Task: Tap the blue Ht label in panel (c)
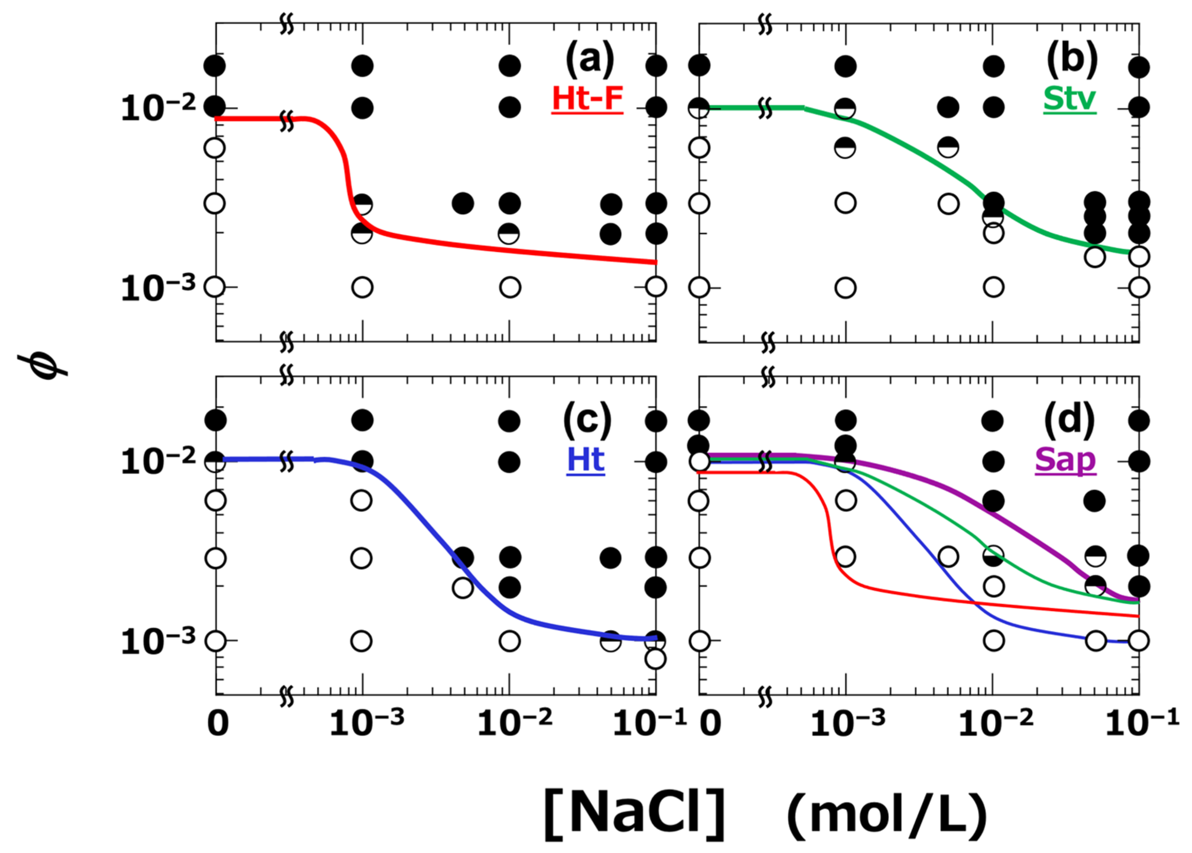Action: [585, 460]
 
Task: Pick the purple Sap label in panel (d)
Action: [1065, 460]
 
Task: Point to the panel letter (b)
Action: [1072, 59]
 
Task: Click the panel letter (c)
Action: [587, 420]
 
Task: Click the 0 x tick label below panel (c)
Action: [218, 724]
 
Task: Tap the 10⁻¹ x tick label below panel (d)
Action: [1142, 724]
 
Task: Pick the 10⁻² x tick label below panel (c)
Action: [514, 724]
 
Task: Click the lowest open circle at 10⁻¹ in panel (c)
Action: [655, 659]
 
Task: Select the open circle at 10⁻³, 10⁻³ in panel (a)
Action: [362, 287]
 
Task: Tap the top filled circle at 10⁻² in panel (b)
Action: [994, 66]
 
